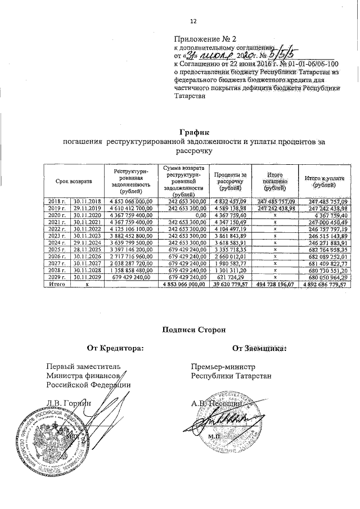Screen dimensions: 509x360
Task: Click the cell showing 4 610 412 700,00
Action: tap(131, 209)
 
